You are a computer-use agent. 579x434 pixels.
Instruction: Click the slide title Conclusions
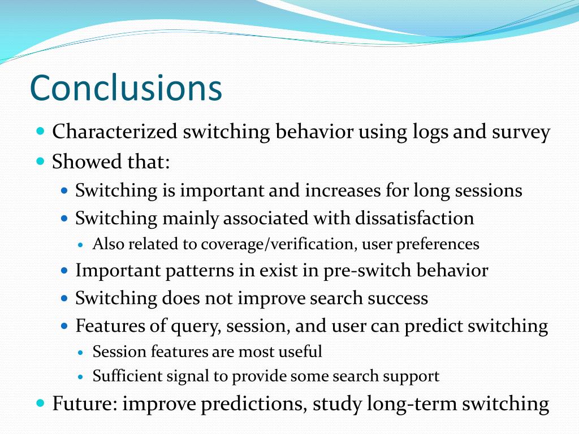tap(126, 88)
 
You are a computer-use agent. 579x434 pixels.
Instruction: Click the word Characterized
tap(115, 131)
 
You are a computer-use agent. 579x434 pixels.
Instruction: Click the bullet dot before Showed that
tap(41, 161)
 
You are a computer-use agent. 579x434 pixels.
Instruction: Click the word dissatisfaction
tap(414, 218)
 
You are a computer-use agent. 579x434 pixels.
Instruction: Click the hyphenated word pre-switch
tap(367, 271)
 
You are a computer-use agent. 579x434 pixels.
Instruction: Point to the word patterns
tap(200, 271)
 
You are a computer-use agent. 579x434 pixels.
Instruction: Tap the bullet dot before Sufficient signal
tap(81, 377)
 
